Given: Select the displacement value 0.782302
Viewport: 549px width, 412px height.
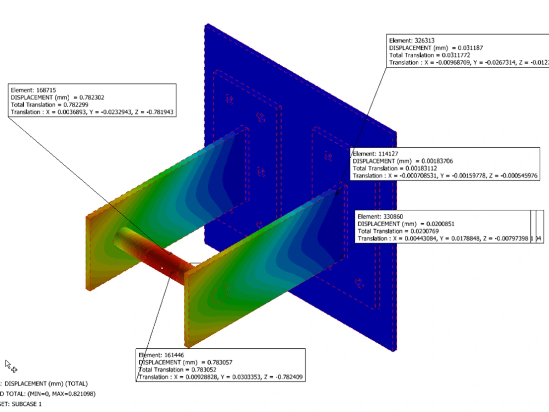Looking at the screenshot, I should (x=89, y=97).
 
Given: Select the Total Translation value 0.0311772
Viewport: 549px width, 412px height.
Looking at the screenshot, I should (x=457, y=55).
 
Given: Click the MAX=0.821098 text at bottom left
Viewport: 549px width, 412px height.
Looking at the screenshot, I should (x=66, y=394).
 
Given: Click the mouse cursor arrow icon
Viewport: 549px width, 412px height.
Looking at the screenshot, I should (x=8, y=364).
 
